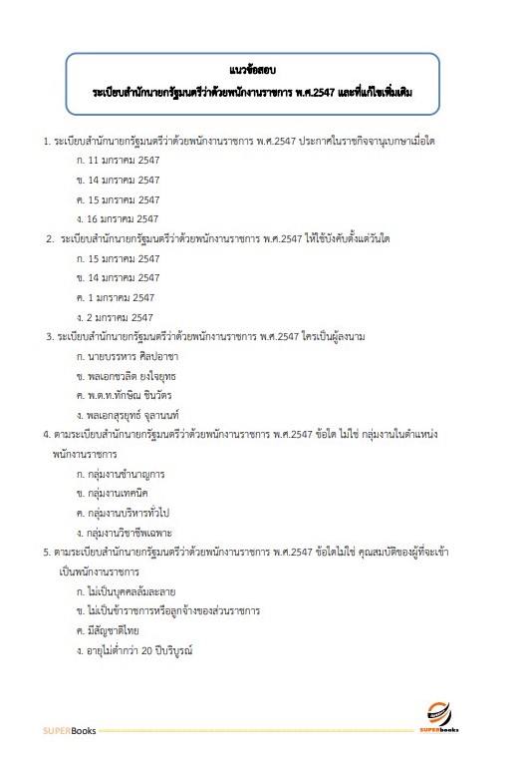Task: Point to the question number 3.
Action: pyautogui.click(x=49, y=336)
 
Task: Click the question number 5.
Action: pyautogui.click(x=47, y=552)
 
